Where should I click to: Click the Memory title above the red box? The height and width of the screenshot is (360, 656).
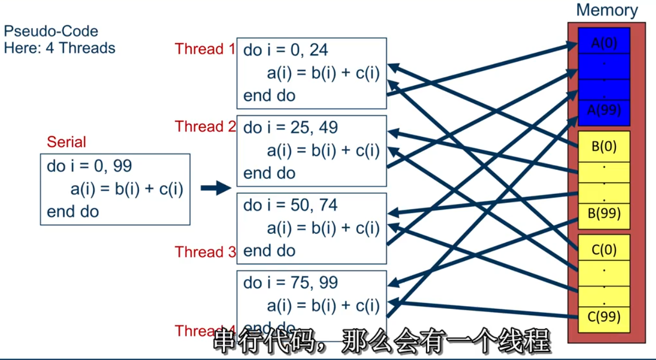tap(606, 10)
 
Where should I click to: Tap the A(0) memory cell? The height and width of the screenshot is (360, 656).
tap(604, 43)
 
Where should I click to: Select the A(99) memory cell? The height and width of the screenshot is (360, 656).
tap(604, 110)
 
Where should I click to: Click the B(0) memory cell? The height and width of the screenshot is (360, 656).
tap(604, 146)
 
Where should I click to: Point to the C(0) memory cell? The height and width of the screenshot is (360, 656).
tap(604, 249)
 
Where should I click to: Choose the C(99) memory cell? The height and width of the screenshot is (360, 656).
tap(604, 317)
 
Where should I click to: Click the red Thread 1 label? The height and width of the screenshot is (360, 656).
tap(205, 49)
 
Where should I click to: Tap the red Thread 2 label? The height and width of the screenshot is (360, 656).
tap(205, 127)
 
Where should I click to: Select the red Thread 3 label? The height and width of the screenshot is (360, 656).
tap(205, 252)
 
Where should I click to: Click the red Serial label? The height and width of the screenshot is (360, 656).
tap(66, 142)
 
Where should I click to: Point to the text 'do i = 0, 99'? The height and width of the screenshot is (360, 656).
tap(89, 166)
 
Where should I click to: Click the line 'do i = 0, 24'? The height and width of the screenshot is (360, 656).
tap(285, 50)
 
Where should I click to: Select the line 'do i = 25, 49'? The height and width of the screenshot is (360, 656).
tap(290, 128)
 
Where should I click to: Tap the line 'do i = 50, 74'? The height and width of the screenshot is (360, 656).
tap(290, 205)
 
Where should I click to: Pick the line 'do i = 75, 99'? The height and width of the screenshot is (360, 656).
tap(290, 283)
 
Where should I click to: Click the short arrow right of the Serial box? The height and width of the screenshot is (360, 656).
tap(215, 188)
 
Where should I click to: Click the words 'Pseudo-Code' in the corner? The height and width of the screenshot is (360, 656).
tap(51, 31)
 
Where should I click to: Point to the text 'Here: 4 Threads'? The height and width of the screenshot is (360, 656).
tap(59, 48)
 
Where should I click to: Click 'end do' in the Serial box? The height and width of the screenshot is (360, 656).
tap(72, 212)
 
